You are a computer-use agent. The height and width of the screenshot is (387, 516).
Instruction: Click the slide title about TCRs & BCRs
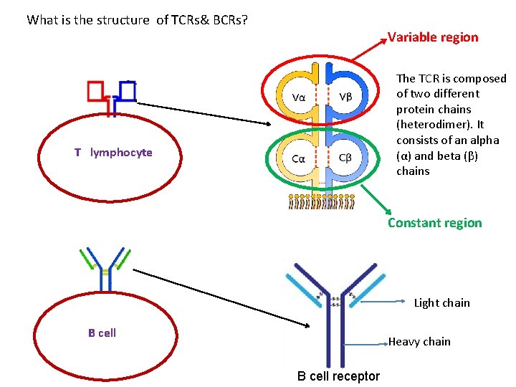[138, 19]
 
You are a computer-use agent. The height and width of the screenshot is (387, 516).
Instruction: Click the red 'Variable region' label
[433, 37]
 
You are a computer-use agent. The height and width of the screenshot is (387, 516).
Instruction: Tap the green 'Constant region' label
[434, 223]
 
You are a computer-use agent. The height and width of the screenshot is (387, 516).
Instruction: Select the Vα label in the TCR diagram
[302, 97]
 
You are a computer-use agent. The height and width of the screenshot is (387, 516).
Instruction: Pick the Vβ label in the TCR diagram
[345, 97]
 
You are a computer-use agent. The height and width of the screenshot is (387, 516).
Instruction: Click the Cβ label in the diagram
[345, 158]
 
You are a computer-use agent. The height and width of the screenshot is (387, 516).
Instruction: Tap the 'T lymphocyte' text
[113, 153]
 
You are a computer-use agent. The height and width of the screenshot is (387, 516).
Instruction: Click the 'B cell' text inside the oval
[102, 333]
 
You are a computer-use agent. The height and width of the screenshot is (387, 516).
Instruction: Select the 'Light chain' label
[441, 303]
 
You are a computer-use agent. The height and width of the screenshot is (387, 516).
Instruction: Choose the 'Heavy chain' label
[419, 342]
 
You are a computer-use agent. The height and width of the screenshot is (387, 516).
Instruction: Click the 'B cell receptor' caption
[338, 376]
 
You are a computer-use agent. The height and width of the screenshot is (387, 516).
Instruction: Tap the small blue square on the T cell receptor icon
[128, 90]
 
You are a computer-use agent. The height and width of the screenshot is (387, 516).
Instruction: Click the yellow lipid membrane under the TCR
[322, 201]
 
